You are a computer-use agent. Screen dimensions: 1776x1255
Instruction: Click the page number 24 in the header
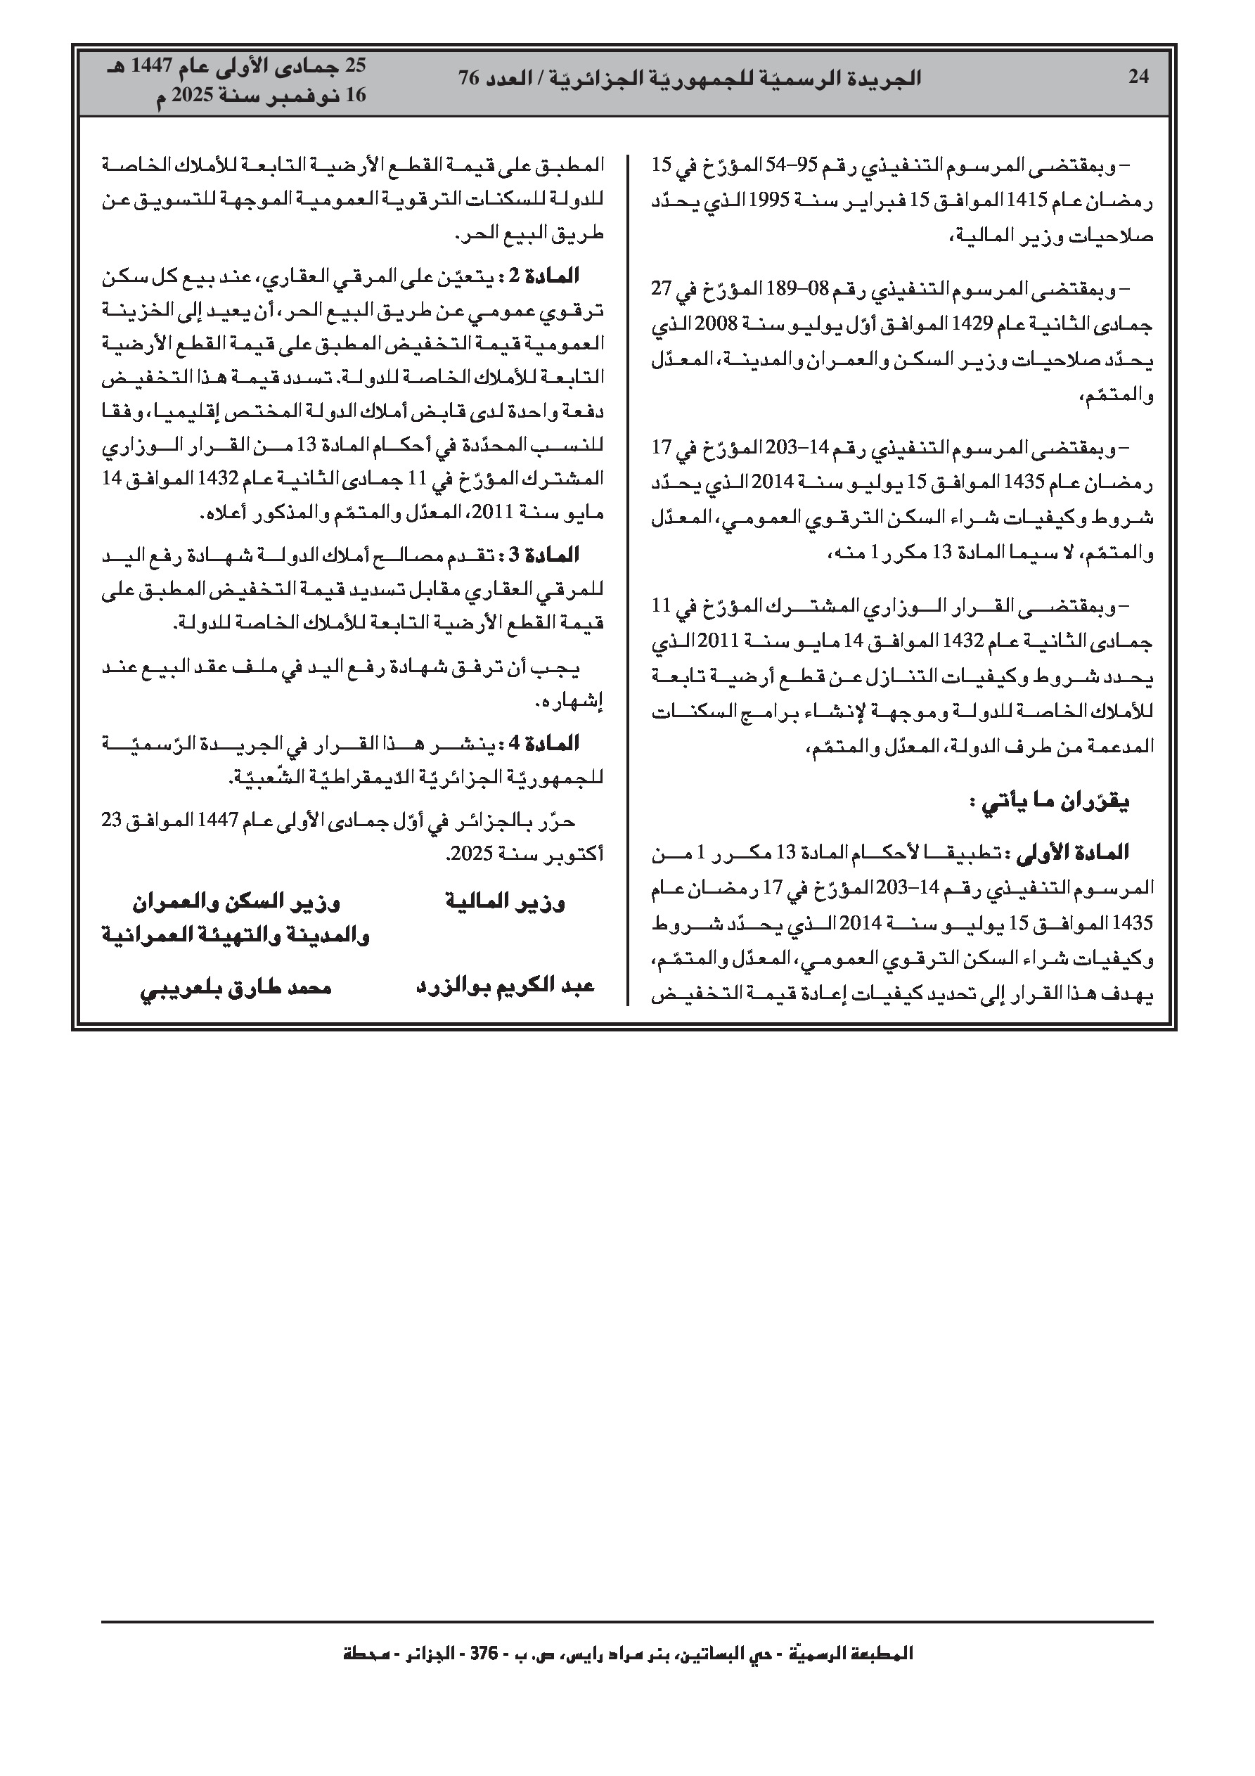[x=1138, y=77]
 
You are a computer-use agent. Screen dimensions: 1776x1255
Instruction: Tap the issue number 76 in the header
[x=470, y=78]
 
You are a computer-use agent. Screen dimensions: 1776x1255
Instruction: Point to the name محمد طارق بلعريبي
[x=236, y=987]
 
